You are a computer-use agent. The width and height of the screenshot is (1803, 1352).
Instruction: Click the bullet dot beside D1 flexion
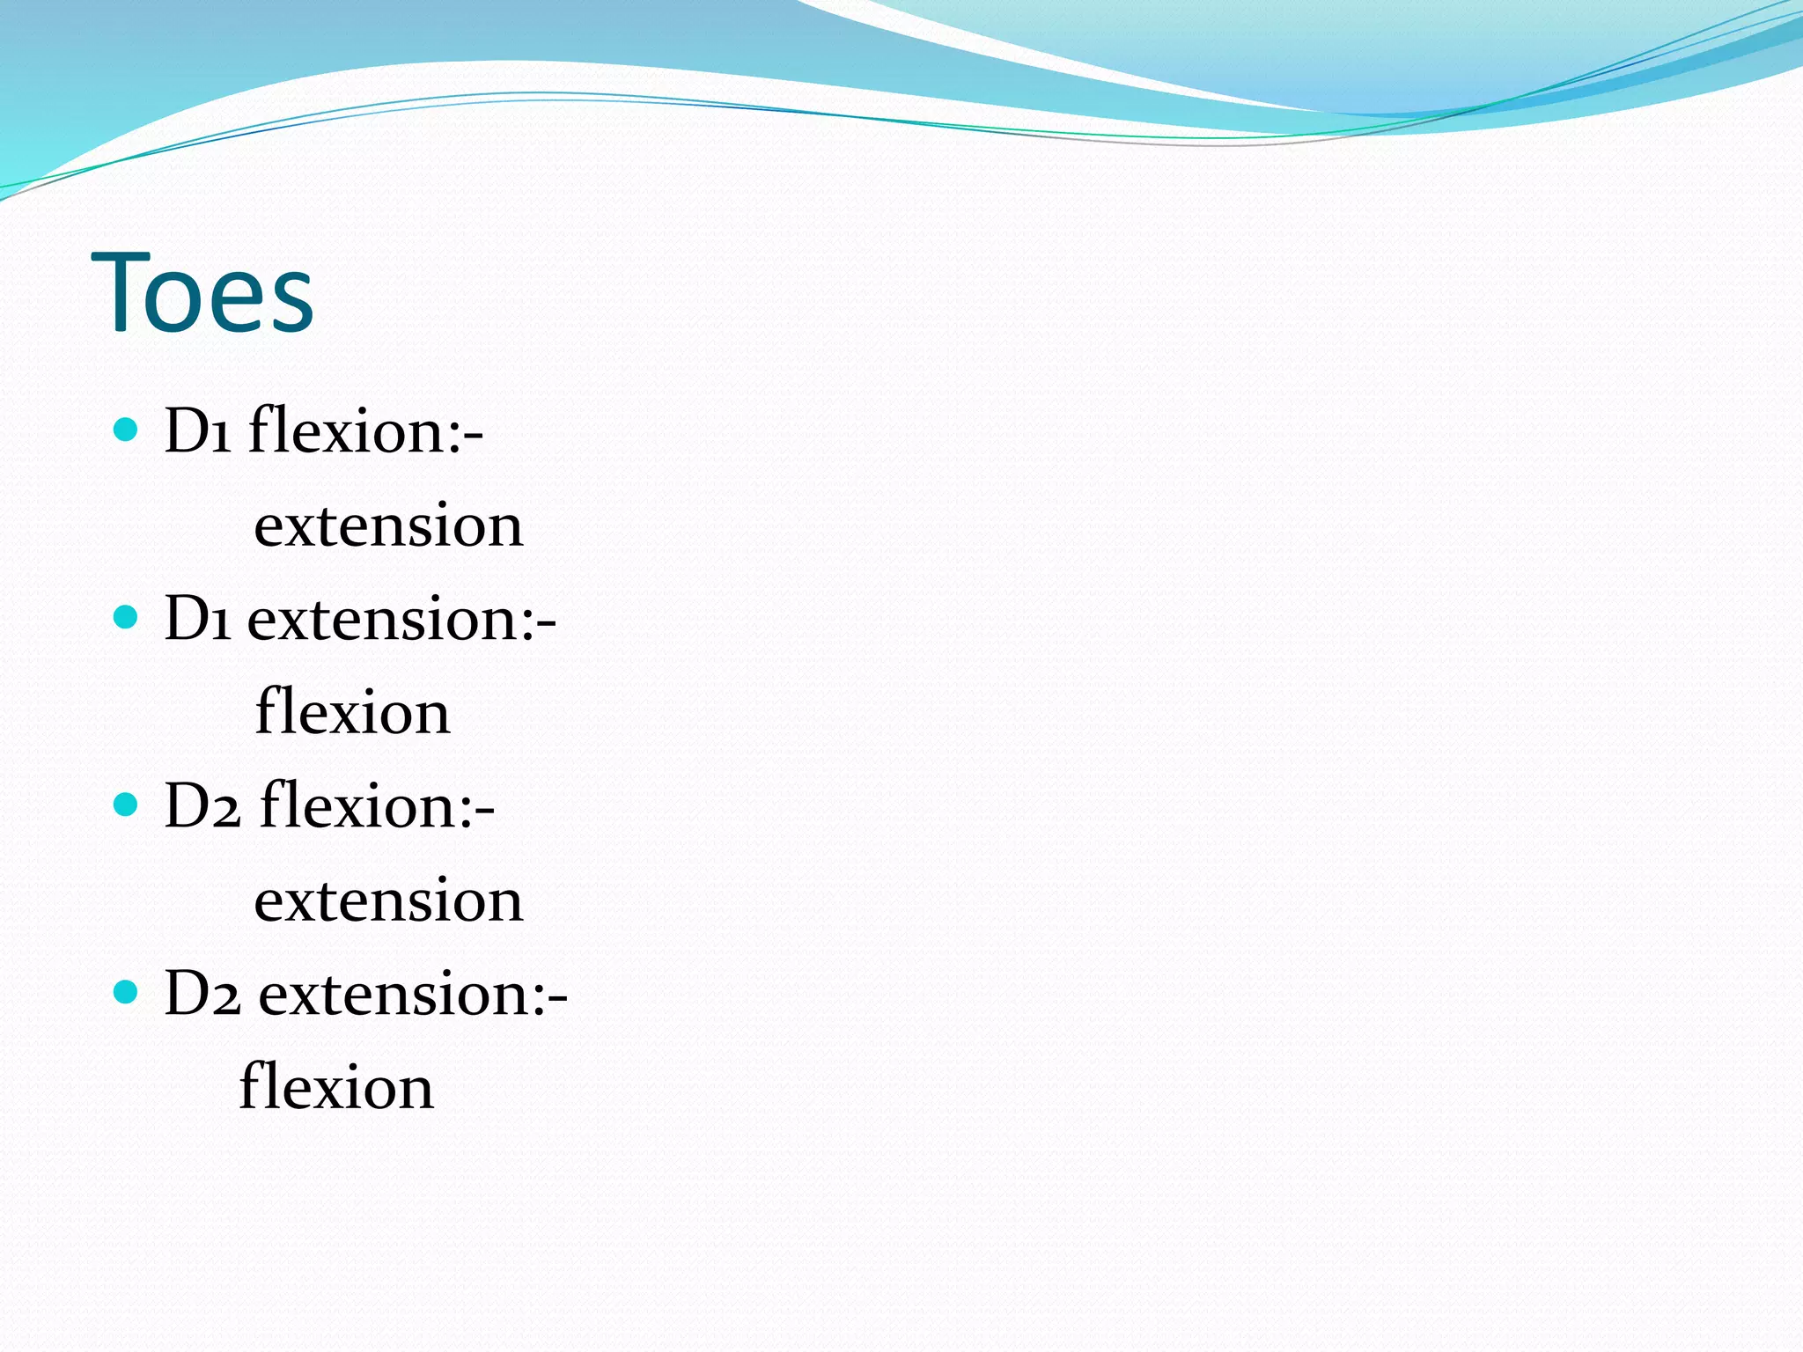(127, 430)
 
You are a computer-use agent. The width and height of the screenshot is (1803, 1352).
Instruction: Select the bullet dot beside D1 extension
(127, 617)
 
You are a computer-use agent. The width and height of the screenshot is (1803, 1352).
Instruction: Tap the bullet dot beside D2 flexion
(127, 805)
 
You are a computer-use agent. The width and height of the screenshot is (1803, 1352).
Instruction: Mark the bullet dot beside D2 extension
(127, 992)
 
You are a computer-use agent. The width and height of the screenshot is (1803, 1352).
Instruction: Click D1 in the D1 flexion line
(197, 431)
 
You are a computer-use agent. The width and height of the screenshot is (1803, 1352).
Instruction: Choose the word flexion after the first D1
(349, 431)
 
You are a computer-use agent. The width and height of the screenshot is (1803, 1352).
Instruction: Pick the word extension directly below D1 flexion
(388, 526)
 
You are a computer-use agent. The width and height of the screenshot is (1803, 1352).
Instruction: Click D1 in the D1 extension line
(197, 619)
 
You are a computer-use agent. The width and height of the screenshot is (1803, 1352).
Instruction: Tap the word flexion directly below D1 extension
(352, 712)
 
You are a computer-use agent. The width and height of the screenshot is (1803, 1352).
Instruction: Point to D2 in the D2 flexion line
(202, 806)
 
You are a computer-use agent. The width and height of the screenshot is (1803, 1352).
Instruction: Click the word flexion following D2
(358, 806)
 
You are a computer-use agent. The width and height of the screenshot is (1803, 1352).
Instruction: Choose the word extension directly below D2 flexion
(388, 901)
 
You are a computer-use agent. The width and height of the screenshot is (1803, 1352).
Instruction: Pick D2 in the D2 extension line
(202, 994)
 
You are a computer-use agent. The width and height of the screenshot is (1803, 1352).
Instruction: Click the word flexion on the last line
(336, 1087)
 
